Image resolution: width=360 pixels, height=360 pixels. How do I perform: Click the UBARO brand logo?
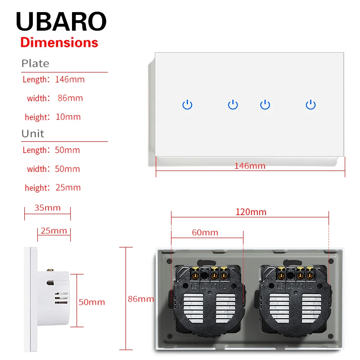(x=61, y=21)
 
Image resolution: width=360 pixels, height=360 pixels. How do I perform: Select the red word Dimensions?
(x=59, y=43)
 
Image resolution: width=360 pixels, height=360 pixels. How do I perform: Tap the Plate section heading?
(x=35, y=63)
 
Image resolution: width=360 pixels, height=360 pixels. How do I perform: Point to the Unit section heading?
(x=33, y=134)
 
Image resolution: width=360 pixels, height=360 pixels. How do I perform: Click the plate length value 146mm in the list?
(x=70, y=80)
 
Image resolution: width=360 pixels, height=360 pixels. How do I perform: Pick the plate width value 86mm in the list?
(x=70, y=98)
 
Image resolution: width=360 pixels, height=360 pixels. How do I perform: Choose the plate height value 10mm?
(x=68, y=117)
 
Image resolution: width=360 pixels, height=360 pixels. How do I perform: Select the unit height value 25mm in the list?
(x=68, y=188)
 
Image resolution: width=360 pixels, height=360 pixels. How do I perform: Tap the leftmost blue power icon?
(x=188, y=105)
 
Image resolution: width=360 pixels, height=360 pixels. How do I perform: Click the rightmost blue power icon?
(x=310, y=105)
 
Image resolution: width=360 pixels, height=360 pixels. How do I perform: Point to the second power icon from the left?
(x=233, y=105)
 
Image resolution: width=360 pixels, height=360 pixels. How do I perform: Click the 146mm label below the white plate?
(x=250, y=166)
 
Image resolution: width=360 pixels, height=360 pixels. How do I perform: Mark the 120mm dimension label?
(x=251, y=212)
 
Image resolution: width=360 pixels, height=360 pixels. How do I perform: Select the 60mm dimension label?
(x=205, y=233)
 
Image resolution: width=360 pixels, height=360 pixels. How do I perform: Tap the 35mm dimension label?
(x=47, y=208)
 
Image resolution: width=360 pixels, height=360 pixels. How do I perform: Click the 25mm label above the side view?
(x=54, y=231)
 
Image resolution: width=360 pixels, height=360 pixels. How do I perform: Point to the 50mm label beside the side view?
(x=92, y=302)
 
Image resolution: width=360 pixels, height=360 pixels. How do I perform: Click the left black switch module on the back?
(x=207, y=298)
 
